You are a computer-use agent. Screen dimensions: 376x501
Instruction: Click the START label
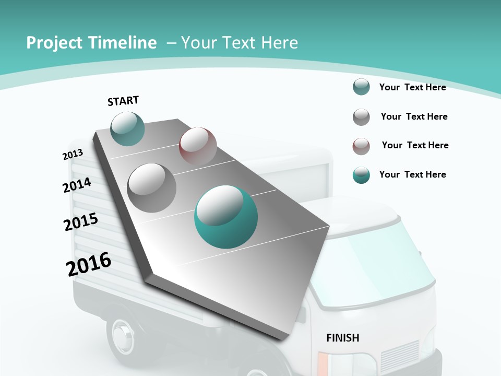click(123, 100)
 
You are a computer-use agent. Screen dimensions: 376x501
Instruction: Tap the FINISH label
click(343, 338)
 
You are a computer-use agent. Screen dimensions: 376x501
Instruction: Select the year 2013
click(73, 155)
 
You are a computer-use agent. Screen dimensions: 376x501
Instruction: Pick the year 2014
click(77, 185)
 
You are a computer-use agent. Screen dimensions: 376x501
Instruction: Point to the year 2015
click(81, 222)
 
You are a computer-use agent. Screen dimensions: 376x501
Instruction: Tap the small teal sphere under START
click(128, 128)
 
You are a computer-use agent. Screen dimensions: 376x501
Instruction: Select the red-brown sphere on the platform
click(198, 146)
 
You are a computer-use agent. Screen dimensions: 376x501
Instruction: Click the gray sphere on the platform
click(152, 187)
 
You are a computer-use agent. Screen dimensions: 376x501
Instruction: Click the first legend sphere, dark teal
click(361, 87)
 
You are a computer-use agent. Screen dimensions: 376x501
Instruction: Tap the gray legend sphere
click(361, 117)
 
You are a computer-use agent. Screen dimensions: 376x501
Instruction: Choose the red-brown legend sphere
click(361, 146)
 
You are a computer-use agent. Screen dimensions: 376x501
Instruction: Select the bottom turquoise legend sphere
click(361, 175)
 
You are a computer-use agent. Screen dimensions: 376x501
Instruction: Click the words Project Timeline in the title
click(91, 43)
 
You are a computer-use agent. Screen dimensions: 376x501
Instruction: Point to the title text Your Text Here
click(240, 43)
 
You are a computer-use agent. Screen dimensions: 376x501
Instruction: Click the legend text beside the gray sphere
click(414, 116)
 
